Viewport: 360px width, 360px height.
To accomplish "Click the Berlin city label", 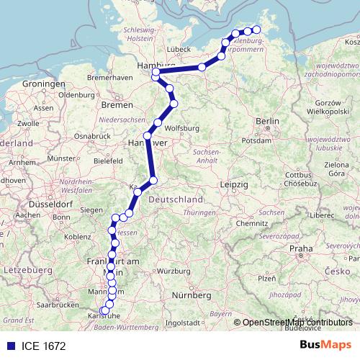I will point(267,121).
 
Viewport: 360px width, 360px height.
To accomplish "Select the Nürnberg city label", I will point(191,294).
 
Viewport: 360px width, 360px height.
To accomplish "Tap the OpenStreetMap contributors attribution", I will point(297,323).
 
